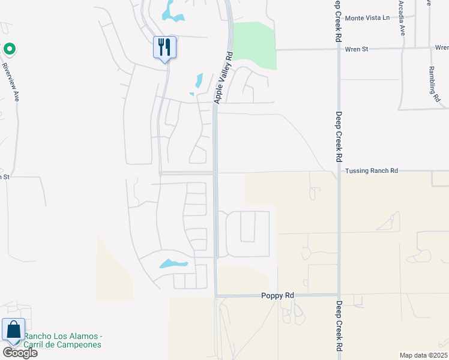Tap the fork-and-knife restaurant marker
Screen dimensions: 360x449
pos(164,47)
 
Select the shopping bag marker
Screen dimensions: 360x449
pos(13,331)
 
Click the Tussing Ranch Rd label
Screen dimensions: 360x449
pos(372,171)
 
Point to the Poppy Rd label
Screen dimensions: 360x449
pos(277,295)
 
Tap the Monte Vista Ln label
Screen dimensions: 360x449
pos(367,18)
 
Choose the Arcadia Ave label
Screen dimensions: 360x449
pos(402,18)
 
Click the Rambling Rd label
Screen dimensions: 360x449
pos(433,83)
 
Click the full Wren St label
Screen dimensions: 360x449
pos(357,49)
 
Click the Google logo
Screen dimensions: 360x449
pos(20,353)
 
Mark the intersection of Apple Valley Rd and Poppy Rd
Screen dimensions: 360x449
pos(216,295)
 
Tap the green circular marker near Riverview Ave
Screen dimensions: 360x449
pos(9,49)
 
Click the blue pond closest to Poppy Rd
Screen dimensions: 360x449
pos(173,263)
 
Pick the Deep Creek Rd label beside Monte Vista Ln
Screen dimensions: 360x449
pos(338,20)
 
